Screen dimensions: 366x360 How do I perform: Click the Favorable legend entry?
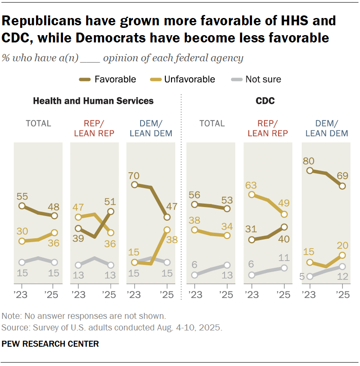tap(115, 79)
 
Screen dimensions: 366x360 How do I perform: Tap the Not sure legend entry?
tap(263, 79)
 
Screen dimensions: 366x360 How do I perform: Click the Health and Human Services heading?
tap(93, 102)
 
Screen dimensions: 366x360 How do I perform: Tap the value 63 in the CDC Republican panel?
tap(252, 185)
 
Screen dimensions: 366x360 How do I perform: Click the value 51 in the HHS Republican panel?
tap(111, 201)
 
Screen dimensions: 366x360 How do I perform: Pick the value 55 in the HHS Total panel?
tap(22, 197)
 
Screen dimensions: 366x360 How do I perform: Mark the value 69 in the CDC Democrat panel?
tap(342, 176)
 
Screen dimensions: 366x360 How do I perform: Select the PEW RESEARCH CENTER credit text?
tap(51, 344)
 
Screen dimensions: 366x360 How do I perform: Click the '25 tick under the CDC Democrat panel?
tap(342, 295)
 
